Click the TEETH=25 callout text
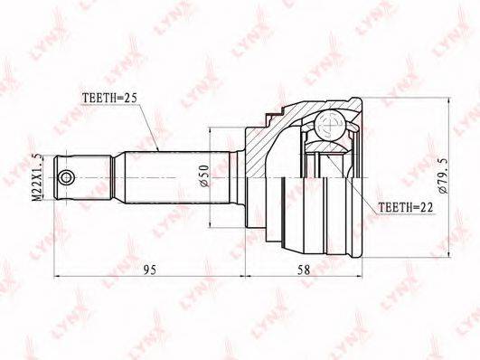(109, 98)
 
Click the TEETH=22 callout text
(406, 207)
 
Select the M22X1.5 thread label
(38, 177)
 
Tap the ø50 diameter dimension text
(204, 175)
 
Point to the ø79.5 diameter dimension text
(443, 175)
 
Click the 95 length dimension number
(150, 270)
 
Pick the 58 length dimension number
(304, 270)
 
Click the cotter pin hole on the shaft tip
(66, 177)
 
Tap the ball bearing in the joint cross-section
(330, 126)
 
